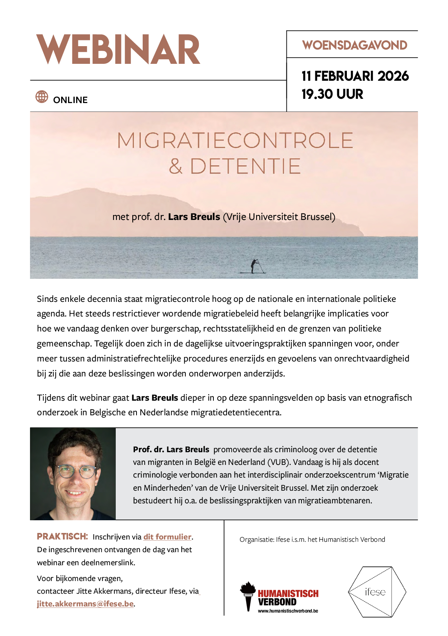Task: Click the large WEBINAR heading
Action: pos(118,50)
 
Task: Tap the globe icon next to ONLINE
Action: pos(42,97)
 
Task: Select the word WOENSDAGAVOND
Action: pos(355,45)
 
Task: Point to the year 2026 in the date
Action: pos(393,76)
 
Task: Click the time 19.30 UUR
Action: pos(332,94)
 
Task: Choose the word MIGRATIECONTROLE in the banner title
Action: pos(235,140)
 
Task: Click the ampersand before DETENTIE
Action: pos(176,166)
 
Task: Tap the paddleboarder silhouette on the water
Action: pos(255,266)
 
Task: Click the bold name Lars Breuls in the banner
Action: pos(194,217)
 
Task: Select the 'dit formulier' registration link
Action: pos(167,537)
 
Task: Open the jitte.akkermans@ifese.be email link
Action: pos(85,604)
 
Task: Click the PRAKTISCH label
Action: pos(62,536)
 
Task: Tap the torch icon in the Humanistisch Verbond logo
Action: pos(248,595)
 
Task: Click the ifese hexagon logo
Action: pos(377,592)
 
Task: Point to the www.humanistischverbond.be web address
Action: pos(288,611)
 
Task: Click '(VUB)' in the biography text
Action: pos(278,462)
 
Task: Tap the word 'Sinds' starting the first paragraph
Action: pos(47,299)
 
